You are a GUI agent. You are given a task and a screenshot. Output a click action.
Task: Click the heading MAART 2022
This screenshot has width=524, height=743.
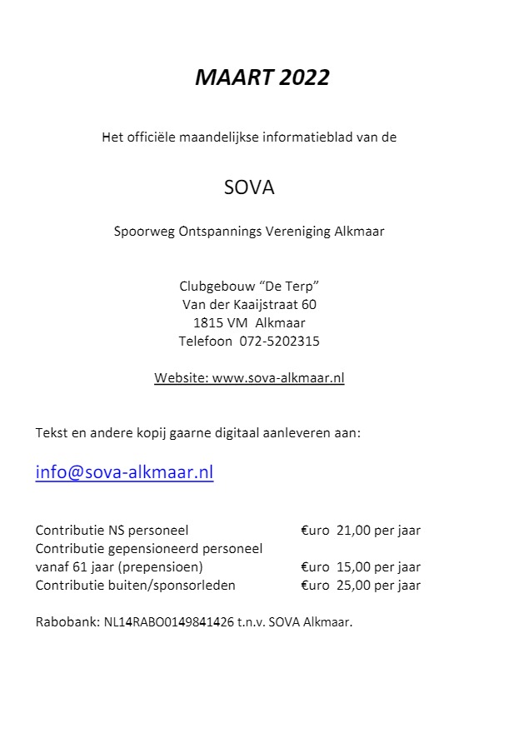(x=262, y=77)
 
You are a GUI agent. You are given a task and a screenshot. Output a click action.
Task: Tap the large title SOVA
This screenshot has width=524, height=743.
(x=249, y=187)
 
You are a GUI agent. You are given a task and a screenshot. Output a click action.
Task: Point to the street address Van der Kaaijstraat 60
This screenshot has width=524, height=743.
(x=249, y=304)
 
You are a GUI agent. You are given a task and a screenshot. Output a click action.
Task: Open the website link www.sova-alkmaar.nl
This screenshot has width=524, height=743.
(x=278, y=377)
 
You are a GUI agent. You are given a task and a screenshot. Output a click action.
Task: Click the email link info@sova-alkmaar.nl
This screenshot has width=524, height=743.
(x=124, y=472)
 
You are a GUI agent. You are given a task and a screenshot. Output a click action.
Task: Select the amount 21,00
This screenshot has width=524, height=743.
(x=353, y=530)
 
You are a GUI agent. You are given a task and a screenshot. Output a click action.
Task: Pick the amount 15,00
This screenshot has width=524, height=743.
(x=353, y=566)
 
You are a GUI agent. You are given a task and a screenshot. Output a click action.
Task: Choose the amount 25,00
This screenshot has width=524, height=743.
(x=353, y=585)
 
